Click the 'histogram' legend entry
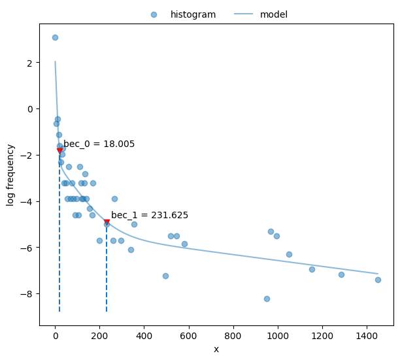(x=193, y=14)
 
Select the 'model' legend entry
(x=273, y=14)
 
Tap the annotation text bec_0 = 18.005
(x=99, y=144)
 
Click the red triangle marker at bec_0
(x=59, y=150)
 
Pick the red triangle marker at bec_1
(x=107, y=222)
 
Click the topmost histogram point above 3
(x=55, y=37)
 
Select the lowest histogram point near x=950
(x=267, y=299)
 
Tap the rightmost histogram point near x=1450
(x=378, y=280)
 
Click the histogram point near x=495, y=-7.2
(x=165, y=276)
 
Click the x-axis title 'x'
(x=216, y=350)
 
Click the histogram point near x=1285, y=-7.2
(x=341, y=274)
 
